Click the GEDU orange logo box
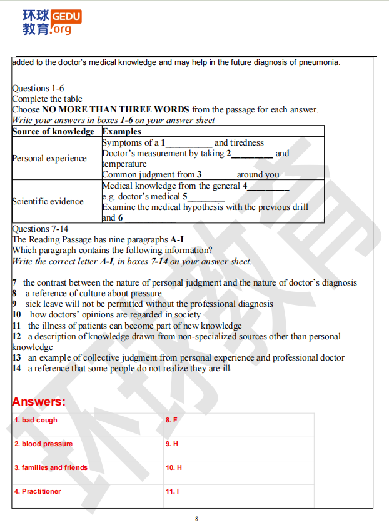(65, 16)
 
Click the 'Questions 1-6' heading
(38, 89)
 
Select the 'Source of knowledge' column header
(53, 131)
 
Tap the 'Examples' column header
(122, 131)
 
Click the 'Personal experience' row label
(49, 158)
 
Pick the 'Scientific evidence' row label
(48, 201)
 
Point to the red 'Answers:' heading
(39, 401)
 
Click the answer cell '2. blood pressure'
(44, 444)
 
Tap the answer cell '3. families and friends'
(51, 467)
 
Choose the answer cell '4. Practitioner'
(38, 491)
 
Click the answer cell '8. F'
(171, 421)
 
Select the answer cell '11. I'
(172, 491)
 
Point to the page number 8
(196, 518)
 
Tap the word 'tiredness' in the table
(246, 142)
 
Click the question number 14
(16, 368)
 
